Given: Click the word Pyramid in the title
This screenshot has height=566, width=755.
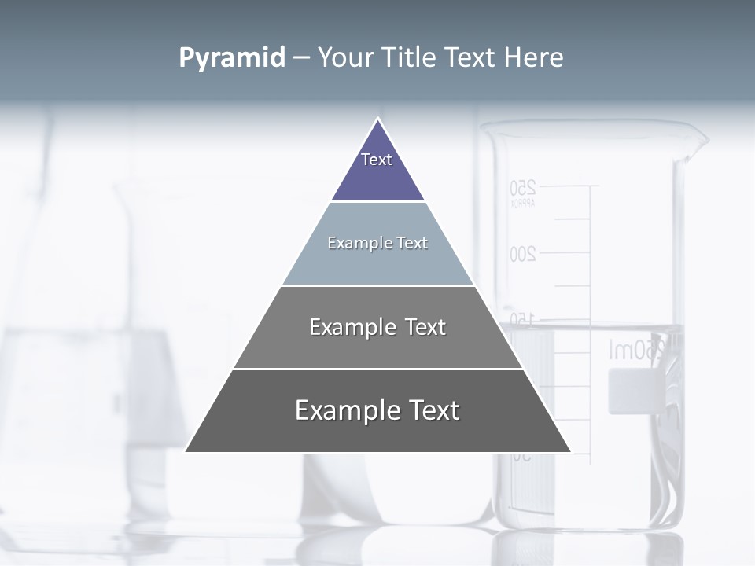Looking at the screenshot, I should click(x=231, y=58).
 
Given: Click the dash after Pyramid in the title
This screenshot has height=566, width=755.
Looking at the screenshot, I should click(x=301, y=58).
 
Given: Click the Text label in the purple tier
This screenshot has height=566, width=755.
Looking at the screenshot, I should click(x=377, y=160).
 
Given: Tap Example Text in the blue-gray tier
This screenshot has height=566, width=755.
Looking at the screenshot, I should click(x=377, y=243).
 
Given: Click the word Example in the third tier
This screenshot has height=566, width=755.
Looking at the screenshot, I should click(x=343, y=327).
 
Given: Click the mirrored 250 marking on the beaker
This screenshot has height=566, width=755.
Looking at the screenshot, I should click(x=523, y=188).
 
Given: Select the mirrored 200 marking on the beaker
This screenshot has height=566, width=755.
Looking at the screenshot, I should click(x=523, y=254).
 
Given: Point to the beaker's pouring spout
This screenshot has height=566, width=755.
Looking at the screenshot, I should click(x=697, y=142).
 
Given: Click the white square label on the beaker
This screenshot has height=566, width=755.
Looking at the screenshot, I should click(x=633, y=391).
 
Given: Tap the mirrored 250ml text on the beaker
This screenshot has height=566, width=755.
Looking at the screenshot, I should click(x=641, y=350).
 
